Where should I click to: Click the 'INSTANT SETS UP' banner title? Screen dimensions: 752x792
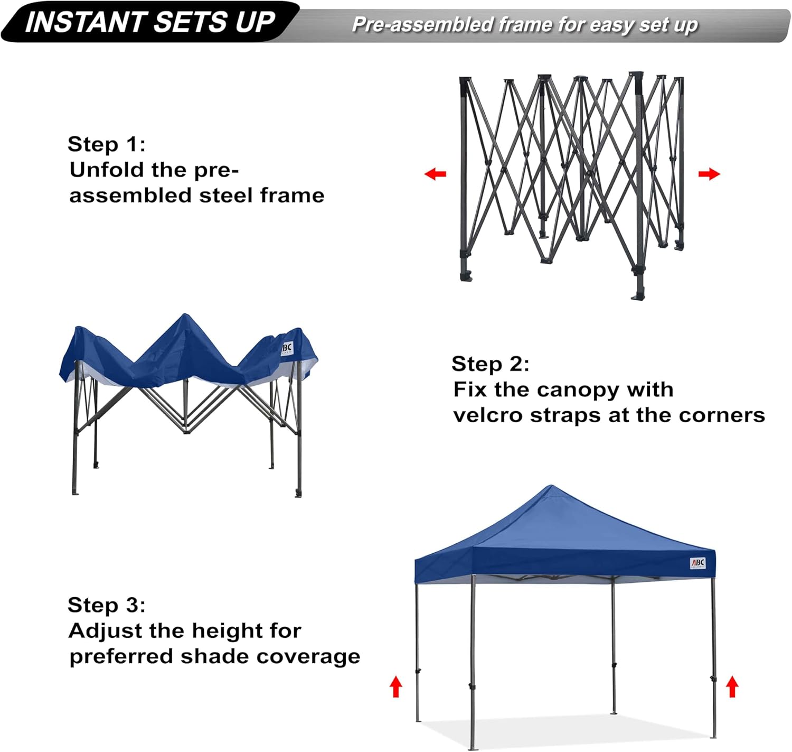click(150, 22)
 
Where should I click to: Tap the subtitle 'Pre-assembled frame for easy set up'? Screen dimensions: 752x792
click(524, 25)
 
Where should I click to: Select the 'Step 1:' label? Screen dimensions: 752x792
click(106, 144)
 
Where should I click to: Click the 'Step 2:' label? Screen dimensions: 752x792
click(490, 364)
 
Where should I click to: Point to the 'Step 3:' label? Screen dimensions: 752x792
click(106, 605)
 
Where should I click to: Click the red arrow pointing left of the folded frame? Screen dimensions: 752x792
click(436, 174)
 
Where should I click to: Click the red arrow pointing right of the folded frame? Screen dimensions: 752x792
click(709, 174)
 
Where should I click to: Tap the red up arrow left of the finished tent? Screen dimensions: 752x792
click(396, 688)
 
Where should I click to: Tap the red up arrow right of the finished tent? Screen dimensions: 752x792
click(732, 688)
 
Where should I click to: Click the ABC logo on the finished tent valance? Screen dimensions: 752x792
click(697, 563)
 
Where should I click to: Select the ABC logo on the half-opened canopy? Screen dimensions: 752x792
click(287, 348)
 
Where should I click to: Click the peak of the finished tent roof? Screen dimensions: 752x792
click(551, 488)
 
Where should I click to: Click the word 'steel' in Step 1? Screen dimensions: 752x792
click(227, 196)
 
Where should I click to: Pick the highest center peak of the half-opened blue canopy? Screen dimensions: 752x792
click(184, 316)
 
